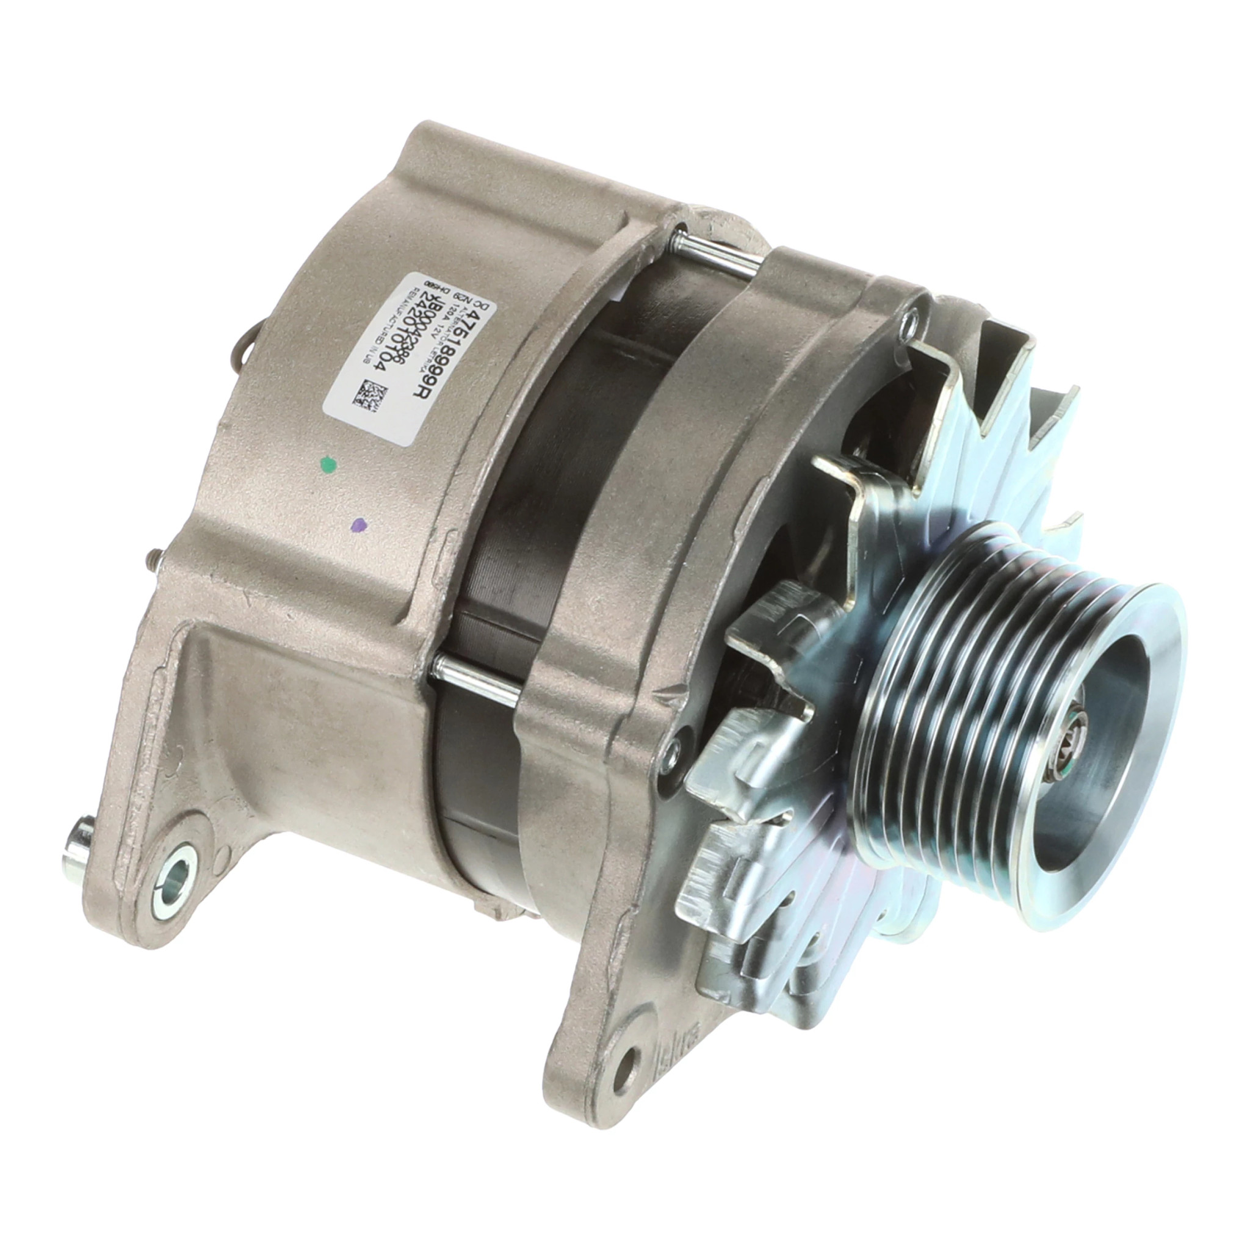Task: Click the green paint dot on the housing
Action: pos(330,463)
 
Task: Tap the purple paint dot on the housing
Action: pos(358,526)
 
